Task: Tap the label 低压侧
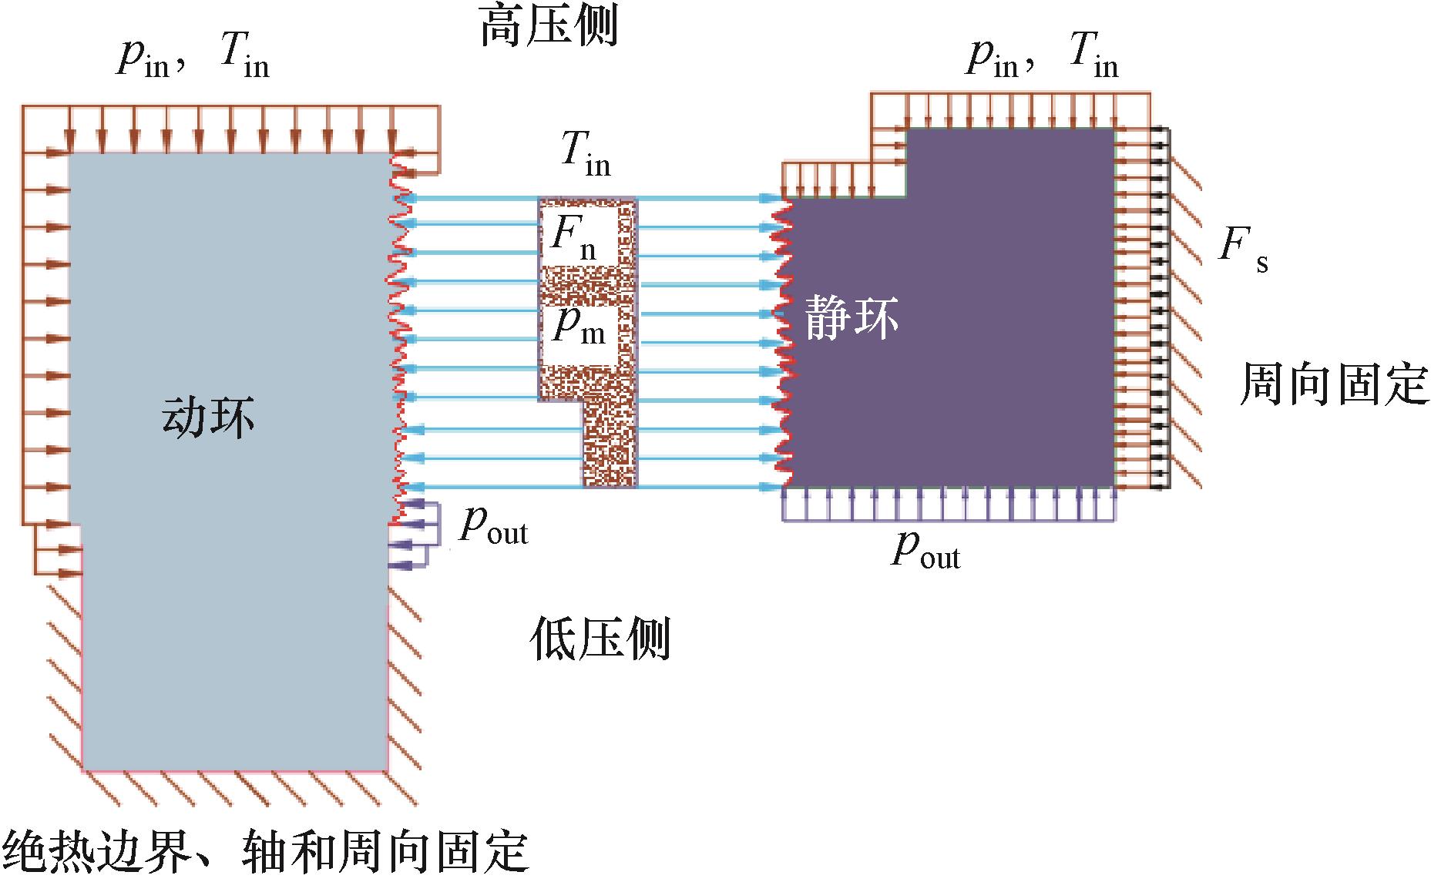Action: tap(600, 639)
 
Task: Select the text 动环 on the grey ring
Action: tap(208, 418)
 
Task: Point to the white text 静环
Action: tap(852, 317)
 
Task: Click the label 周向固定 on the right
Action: tap(1334, 384)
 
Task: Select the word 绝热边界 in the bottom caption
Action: tap(97, 852)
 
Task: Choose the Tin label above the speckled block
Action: tap(586, 153)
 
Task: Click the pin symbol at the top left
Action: tap(143, 57)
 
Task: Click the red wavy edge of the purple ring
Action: tap(784, 339)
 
